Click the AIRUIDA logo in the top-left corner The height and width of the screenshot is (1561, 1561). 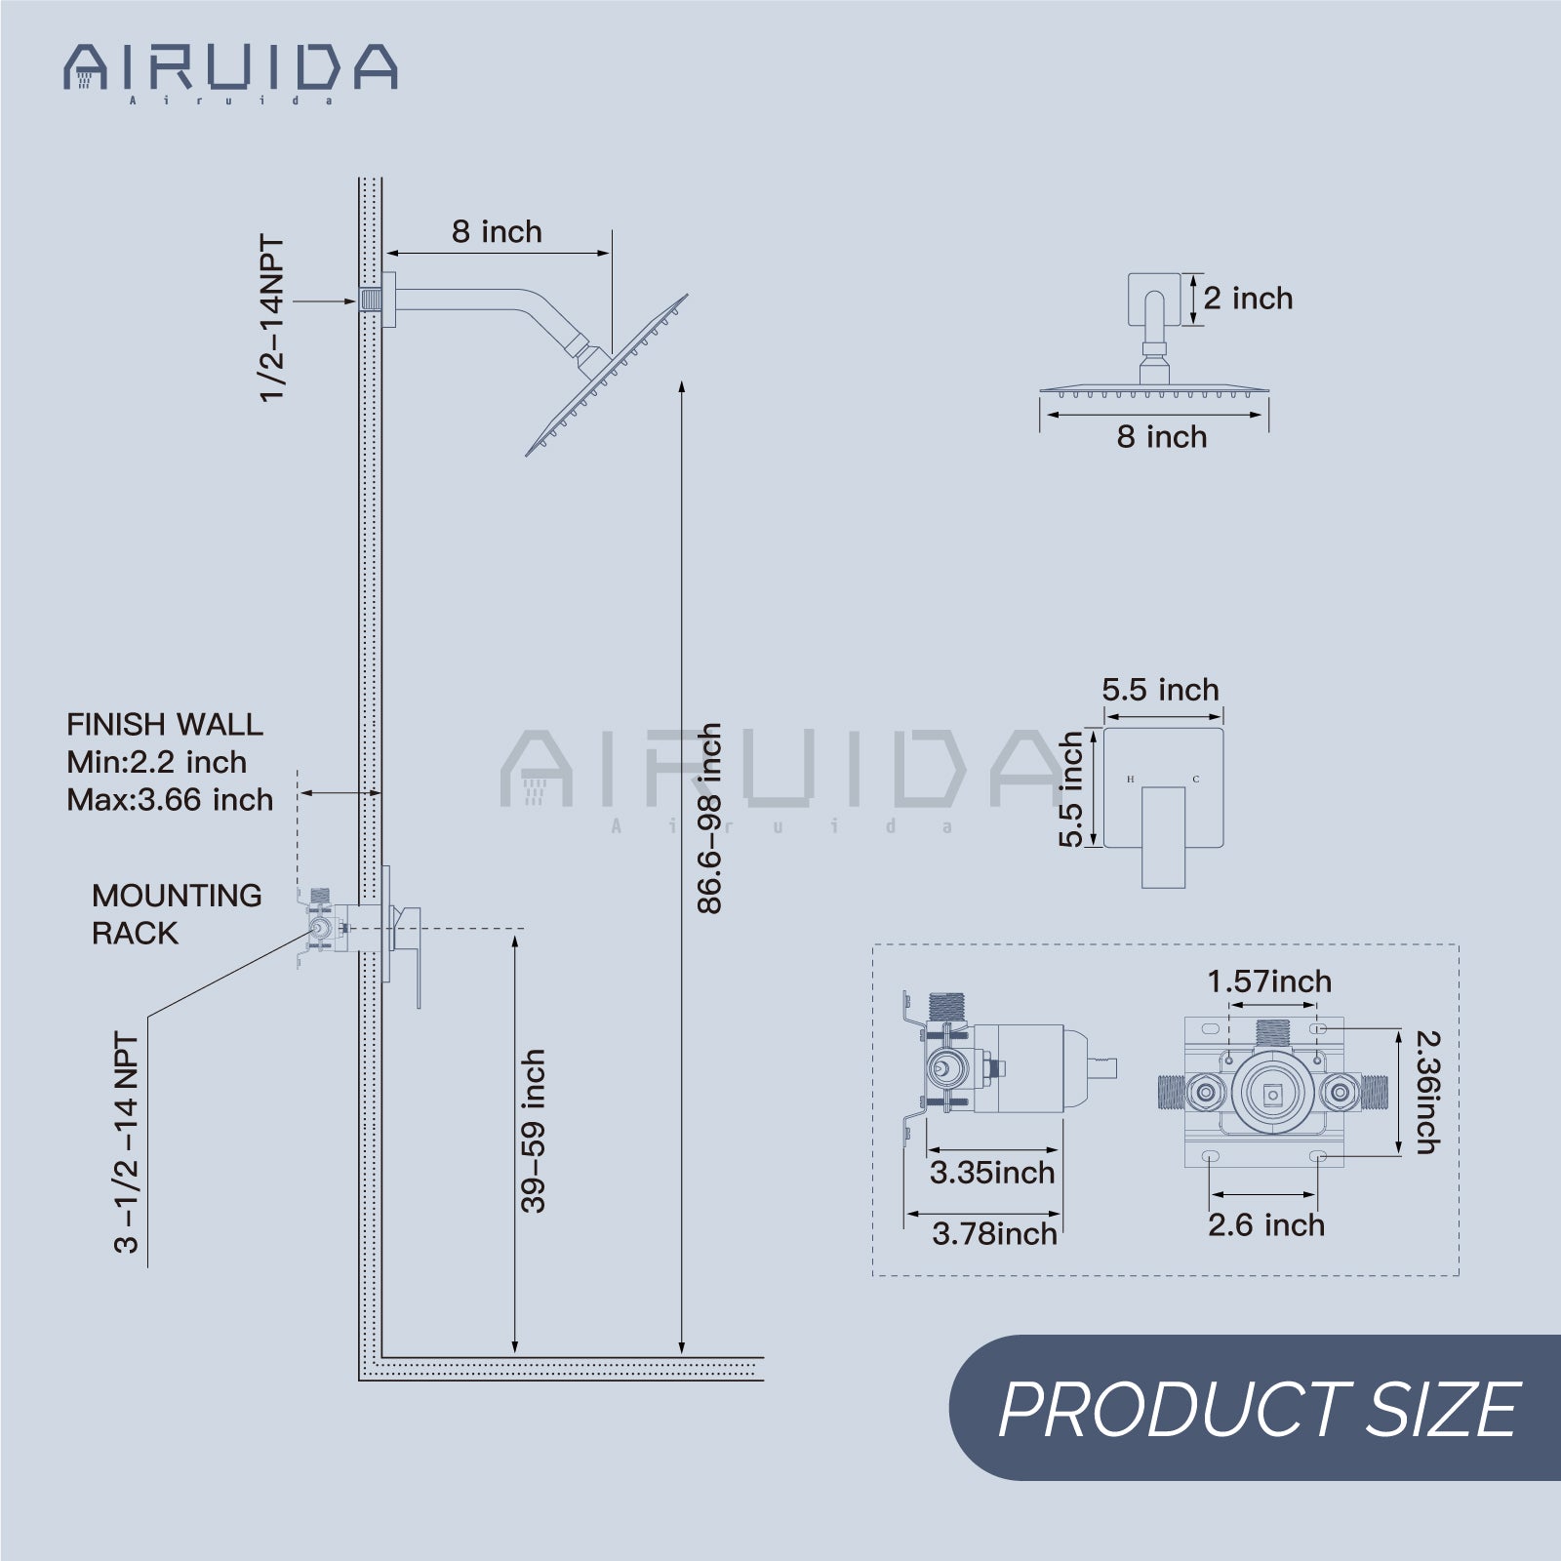(x=230, y=70)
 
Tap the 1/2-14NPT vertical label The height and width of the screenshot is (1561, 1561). (x=272, y=317)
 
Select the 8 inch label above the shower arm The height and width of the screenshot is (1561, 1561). (x=497, y=232)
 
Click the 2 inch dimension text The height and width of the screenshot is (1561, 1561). (x=1247, y=299)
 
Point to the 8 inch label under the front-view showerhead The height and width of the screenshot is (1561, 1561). (x=1161, y=437)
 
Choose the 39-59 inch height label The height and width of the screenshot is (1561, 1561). (x=533, y=1131)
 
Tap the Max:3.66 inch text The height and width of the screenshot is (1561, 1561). (x=170, y=800)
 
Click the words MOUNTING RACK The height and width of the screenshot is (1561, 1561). (x=176, y=914)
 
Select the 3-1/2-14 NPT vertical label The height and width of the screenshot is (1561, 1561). (x=127, y=1141)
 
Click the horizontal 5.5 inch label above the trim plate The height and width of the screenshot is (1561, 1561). (x=1160, y=690)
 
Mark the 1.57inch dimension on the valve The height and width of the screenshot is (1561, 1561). (x=1268, y=981)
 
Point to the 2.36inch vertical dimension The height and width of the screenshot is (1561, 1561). (x=1427, y=1093)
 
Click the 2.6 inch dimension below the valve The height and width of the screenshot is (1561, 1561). (x=1265, y=1225)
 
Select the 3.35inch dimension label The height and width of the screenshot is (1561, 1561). (x=991, y=1173)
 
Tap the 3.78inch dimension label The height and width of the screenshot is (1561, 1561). (x=993, y=1234)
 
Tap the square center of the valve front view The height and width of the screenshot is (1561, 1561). (x=1271, y=1096)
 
